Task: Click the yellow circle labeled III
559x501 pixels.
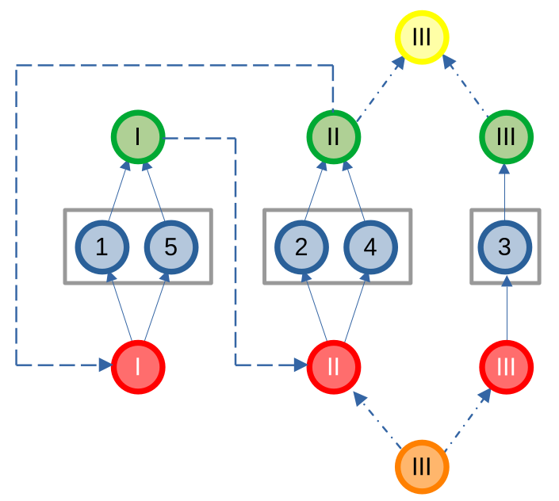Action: pyautogui.click(x=422, y=36)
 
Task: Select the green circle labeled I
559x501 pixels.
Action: pyautogui.click(x=137, y=136)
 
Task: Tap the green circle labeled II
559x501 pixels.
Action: pyautogui.click(x=333, y=136)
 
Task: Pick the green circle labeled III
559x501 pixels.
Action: pyautogui.click(x=505, y=136)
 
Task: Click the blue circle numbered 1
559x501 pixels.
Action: pyautogui.click(x=101, y=247)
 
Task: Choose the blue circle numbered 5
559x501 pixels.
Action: pyautogui.click(x=170, y=247)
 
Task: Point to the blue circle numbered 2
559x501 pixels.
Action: pyautogui.click(x=301, y=247)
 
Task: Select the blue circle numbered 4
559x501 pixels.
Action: pyautogui.click(x=369, y=247)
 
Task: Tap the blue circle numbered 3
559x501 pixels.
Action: pyautogui.click(x=505, y=247)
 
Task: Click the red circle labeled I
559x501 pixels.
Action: pyautogui.click(x=137, y=366)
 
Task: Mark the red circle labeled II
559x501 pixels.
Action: pyautogui.click(x=333, y=366)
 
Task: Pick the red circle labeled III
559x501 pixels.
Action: pyautogui.click(x=505, y=366)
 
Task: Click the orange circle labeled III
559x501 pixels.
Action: pyautogui.click(x=422, y=465)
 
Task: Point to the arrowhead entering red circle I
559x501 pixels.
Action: pyautogui.click(x=105, y=365)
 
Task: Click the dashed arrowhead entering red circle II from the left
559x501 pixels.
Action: pyautogui.click(x=301, y=365)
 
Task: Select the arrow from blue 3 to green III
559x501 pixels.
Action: pyautogui.click(x=505, y=192)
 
